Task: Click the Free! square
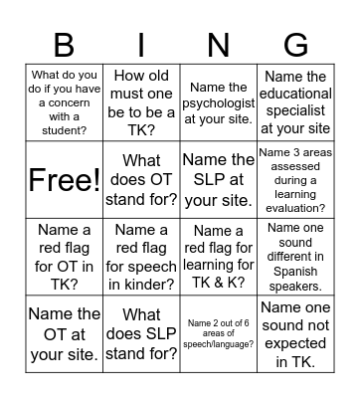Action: [65, 179]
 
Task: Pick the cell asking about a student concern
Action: [65, 102]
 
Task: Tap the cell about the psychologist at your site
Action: [219, 102]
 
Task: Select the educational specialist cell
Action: [296, 102]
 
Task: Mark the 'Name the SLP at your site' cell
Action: [219, 179]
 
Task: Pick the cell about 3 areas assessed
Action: [296, 179]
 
